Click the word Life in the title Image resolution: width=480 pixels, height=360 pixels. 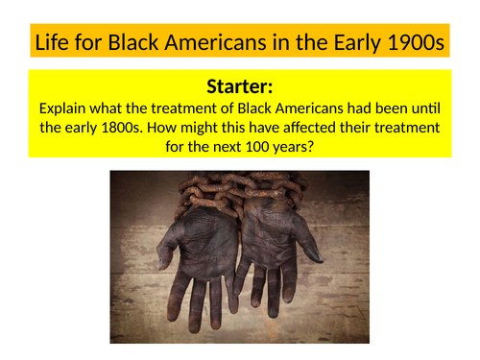tap(50, 43)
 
